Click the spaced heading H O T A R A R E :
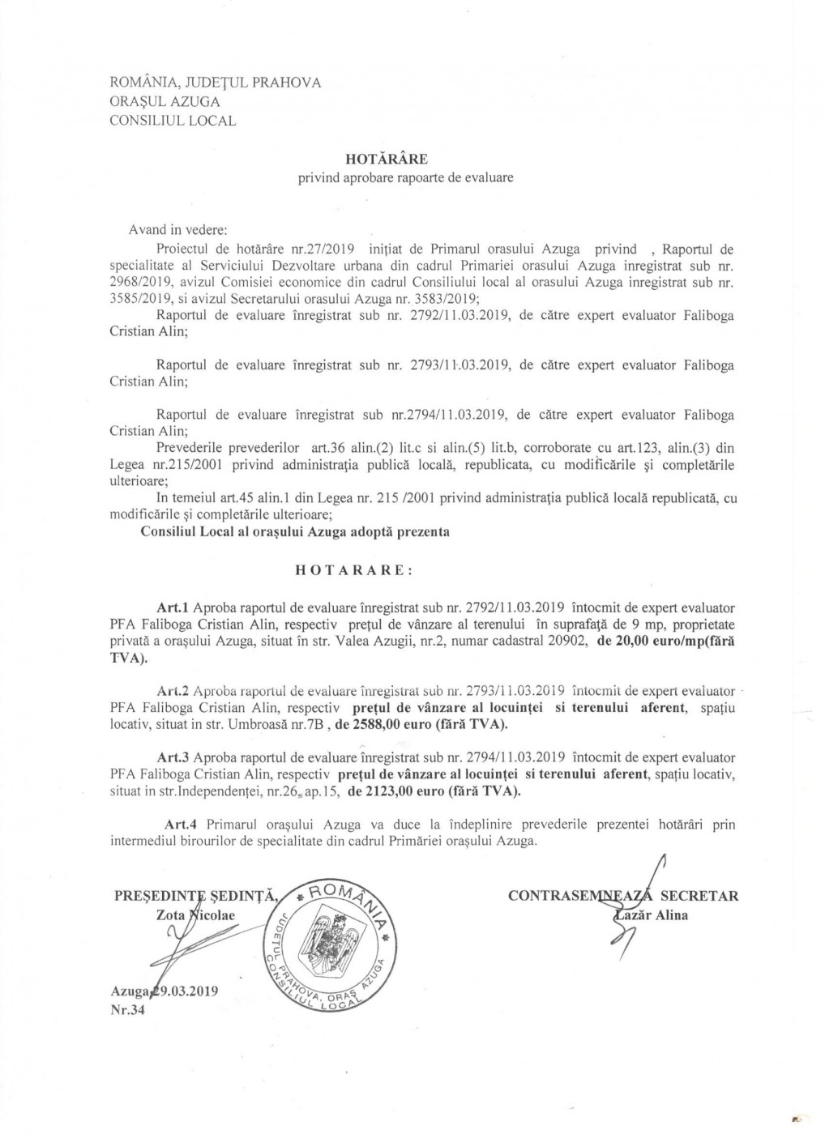click(x=353, y=570)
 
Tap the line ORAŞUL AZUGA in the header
click(x=165, y=101)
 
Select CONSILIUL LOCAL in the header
click(x=173, y=121)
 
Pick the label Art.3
click(x=174, y=758)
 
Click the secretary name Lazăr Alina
click(x=652, y=916)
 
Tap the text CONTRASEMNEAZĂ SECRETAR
click(x=622, y=896)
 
